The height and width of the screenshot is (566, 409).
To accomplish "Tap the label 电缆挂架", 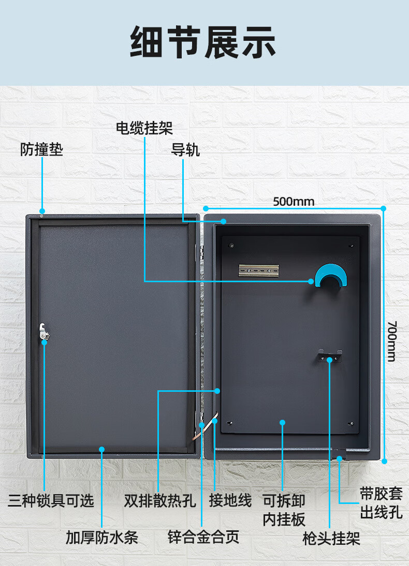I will click(x=144, y=128).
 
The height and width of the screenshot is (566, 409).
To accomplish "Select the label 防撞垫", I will click(x=41, y=150).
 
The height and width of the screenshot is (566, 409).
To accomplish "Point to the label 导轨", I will click(x=185, y=150).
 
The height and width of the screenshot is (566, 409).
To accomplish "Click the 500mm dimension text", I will click(x=294, y=201).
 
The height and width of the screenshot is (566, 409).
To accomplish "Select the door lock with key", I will click(x=45, y=331).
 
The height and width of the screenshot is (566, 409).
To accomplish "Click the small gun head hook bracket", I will click(x=330, y=355).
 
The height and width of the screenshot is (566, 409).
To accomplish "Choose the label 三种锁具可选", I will click(x=51, y=500).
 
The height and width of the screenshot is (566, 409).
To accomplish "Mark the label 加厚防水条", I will click(x=101, y=538).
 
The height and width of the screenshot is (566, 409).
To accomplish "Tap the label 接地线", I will click(x=230, y=500).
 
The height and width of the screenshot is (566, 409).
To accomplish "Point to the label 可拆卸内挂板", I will click(x=284, y=510).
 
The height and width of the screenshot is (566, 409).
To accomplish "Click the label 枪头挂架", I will click(x=331, y=539).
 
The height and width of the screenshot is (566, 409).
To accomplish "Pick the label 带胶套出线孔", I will click(x=381, y=502).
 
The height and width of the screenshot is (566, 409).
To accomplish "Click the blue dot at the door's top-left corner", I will click(x=42, y=211).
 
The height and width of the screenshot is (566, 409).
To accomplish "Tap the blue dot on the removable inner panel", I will click(x=283, y=422).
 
